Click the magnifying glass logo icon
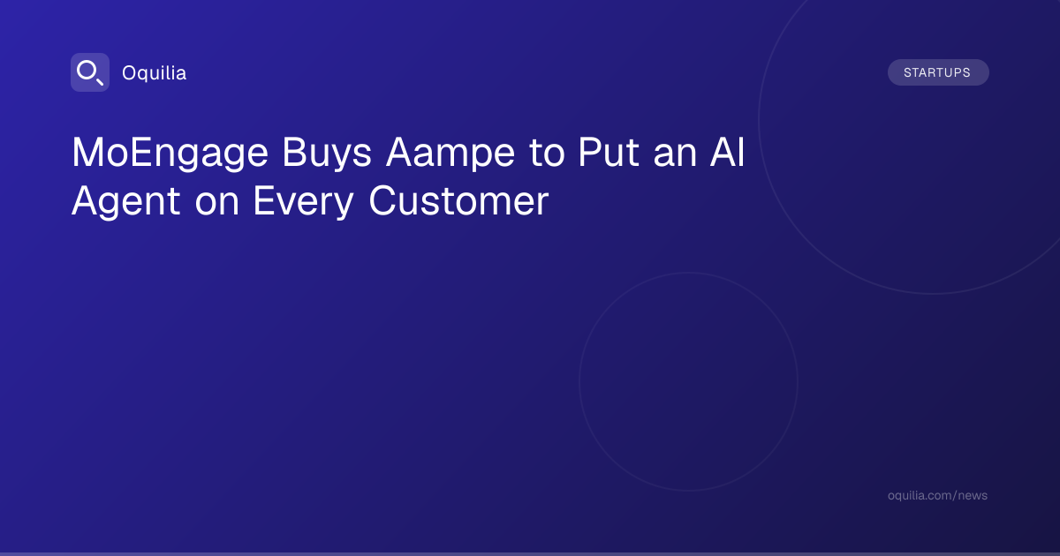pos(90,72)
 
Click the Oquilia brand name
pos(155,72)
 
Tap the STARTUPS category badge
pos(938,72)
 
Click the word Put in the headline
pos(609,152)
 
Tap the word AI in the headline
pos(727,152)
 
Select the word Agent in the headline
pos(125,202)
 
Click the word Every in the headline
pos(303,202)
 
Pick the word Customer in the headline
pos(458,200)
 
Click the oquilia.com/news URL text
pos(937,495)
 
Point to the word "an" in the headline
pos(675,154)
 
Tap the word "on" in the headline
pos(217,203)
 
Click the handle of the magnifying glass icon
pos(100,82)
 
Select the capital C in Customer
pos(382,200)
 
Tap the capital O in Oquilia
pos(129,72)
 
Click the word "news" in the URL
pos(973,496)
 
